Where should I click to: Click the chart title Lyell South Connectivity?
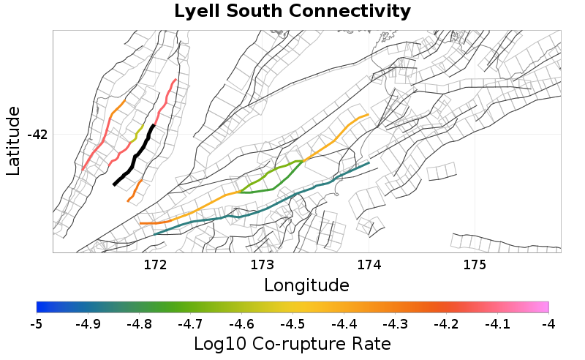pos(292,12)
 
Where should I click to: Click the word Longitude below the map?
pos(306,284)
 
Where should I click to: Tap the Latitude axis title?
pos(13,140)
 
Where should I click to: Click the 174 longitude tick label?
pos(369,263)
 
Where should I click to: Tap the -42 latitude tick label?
pos(37,135)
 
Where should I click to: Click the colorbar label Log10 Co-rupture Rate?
pos(292,343)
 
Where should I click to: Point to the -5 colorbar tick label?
pos(37,323)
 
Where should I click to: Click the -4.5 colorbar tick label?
pos(292,323)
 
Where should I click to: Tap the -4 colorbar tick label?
pos(548,323)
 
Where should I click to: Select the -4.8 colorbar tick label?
pos(139,323)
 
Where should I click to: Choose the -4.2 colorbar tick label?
pos(446,323)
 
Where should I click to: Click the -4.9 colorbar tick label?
pos(88,323)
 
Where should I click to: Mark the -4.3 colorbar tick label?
pos(395,323)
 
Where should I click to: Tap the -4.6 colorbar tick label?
pos(241,323)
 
